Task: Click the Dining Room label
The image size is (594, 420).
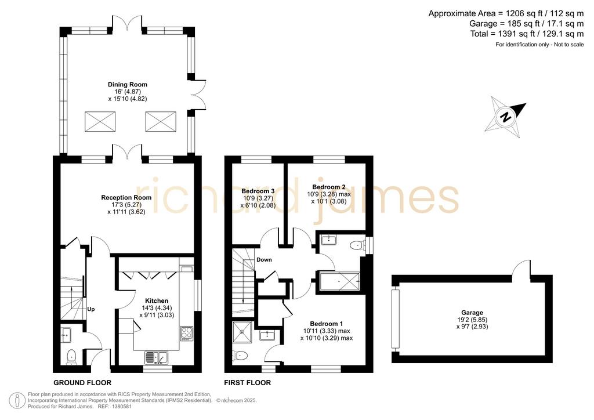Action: click(x=127, y=85)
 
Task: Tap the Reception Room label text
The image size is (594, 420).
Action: click(x=126, y=198)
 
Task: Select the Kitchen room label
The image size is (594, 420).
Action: click(x=157, y=300)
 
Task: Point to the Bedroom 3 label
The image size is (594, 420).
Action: click(x=258, y=191)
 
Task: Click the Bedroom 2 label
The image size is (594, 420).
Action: click(x=329, y=187)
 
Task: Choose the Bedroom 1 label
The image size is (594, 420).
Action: click(x=327, y=324)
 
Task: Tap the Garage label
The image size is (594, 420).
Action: click(x=472, y=313)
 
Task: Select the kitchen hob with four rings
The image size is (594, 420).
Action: click(x=187, y=334)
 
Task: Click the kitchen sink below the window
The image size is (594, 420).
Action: click(x=156, y=357)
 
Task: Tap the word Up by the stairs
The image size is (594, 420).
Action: click(x=91, y=309)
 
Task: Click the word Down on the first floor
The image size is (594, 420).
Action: click(x=264, y=260)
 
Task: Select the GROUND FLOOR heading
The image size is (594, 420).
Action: click(x=82, y=382)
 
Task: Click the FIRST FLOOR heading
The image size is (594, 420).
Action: click(x=247, y=382)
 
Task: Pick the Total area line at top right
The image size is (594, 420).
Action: click(x=527, y=34)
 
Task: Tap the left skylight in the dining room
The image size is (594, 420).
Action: click(x=100, y=121)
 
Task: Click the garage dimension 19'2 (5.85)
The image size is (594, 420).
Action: click(x=472, y=320)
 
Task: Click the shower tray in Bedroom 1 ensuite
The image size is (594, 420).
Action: click(x=242, y=332)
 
